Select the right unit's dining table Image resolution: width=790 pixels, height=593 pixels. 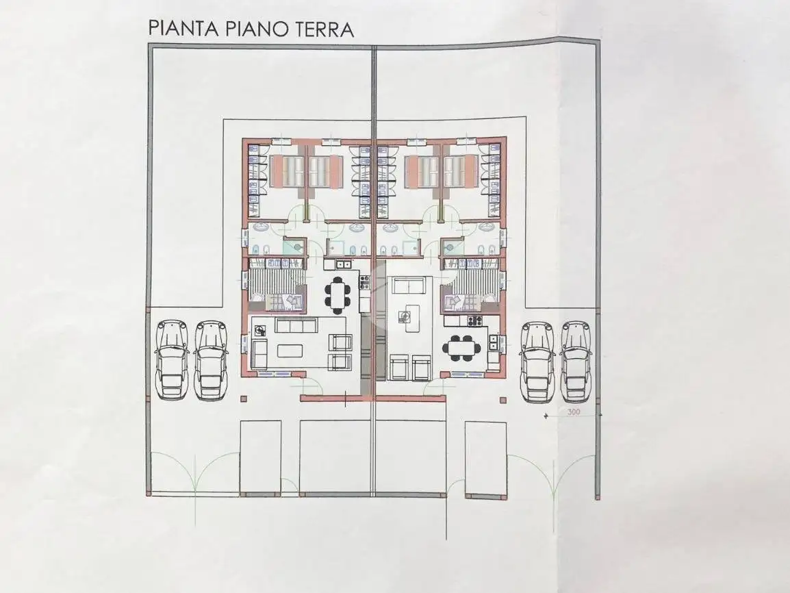click(x=461, y=346)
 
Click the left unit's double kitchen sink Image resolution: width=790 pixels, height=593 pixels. click(x=342, y=264)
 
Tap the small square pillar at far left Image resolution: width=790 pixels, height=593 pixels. click(x=244, y=398)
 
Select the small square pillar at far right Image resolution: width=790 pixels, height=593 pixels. click(x=504, y=399)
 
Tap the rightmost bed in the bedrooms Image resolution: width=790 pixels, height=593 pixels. click(x=462, y=171)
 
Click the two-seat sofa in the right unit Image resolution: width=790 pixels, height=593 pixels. click(x=410, y=286)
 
